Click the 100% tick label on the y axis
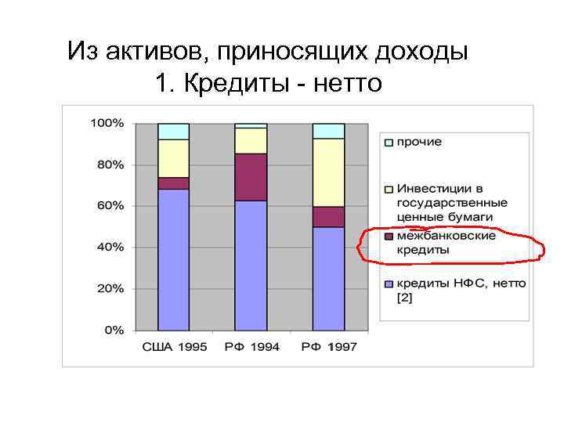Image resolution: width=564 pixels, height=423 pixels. (x=107, y=124)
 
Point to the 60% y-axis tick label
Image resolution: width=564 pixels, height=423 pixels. (x=110, y=206)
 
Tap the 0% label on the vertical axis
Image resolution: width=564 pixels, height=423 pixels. (x=114, y=330)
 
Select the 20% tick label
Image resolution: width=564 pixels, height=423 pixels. (x=110, y=288)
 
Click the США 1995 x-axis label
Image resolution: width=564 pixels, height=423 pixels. (x=174, y=347)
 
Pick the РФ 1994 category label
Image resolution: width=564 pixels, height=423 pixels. (x=251, y=347)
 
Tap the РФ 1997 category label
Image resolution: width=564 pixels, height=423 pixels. (x=329, y=347)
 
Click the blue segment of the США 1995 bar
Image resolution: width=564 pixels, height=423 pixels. (x=173, y=258)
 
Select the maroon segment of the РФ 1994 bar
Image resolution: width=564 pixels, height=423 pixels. (x=251, y=177)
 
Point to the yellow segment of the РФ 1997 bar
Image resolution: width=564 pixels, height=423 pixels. (x=328, y=172)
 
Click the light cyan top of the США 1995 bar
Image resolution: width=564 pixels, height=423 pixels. (x=173, y=131)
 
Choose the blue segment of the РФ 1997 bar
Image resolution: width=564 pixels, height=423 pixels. (x=328, y=278)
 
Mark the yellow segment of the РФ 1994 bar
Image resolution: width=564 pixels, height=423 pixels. (x=251, y=140)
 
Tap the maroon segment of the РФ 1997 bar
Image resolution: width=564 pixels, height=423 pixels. (x=328, y=217)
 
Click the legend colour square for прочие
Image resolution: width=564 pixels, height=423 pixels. (x=389, y=143)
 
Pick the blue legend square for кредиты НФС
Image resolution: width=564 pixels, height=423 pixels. (x=389, y=284)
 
